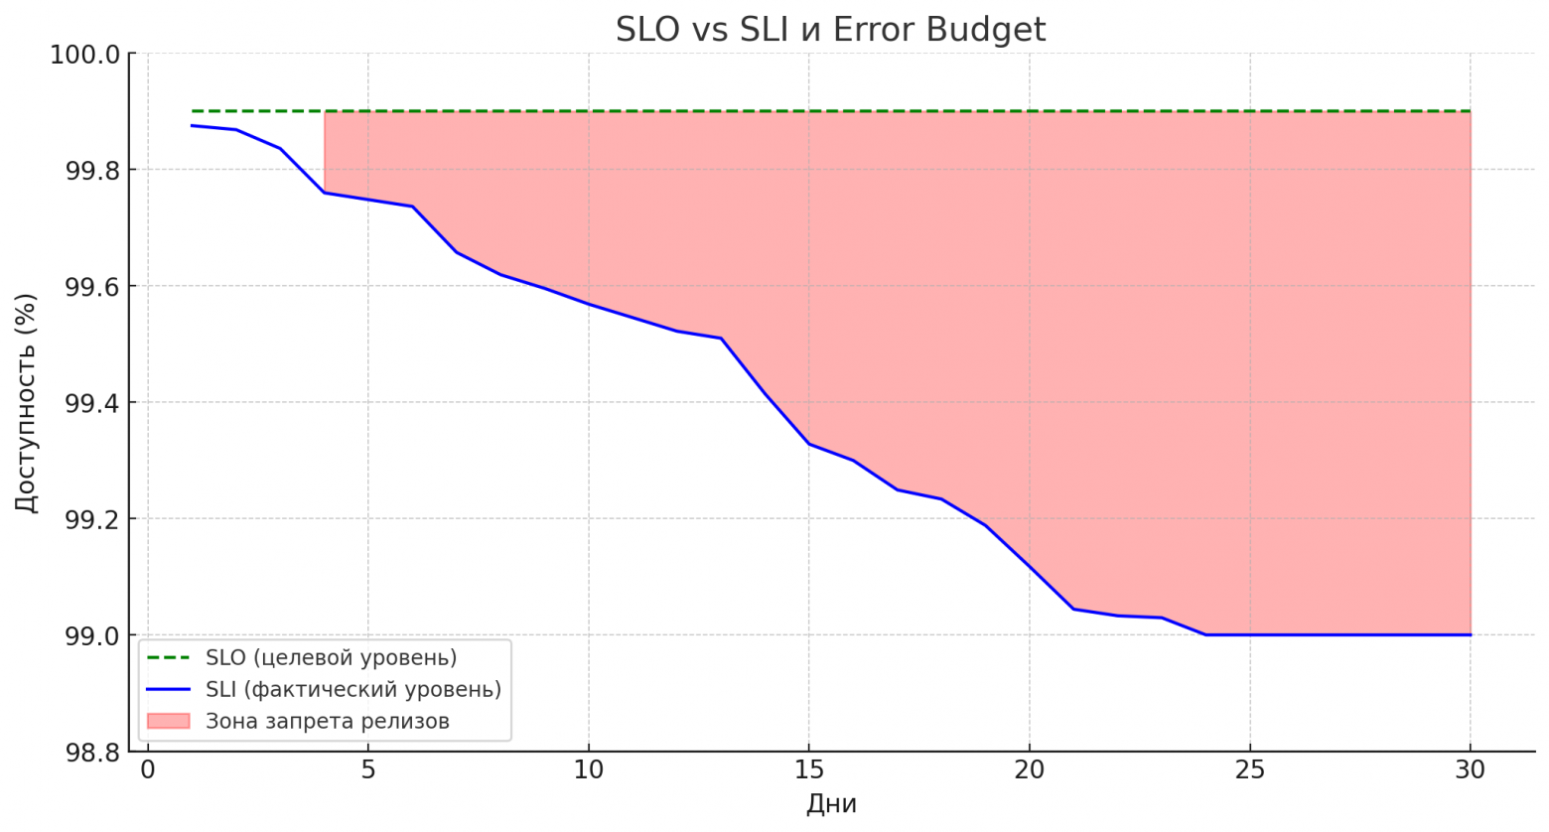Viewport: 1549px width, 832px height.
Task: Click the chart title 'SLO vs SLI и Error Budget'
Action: [x=830, y=29]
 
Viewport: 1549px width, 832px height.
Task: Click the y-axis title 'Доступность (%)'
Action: [x=26, y=402]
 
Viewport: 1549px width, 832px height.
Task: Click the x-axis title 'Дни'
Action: [x=830, y=804]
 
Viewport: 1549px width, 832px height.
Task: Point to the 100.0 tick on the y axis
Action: [x=84, y=54]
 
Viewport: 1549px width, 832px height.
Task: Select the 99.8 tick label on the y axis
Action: [x=84, y=170]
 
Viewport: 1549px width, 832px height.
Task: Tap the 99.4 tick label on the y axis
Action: [x=84, y=403]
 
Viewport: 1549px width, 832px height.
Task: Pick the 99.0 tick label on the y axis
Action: [x=84, y=635]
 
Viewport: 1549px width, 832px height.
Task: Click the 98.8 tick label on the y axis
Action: [x=84, y=752]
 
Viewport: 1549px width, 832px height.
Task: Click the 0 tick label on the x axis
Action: [x=148, y=769]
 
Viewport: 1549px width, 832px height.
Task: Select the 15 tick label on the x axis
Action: [x=808, y=769]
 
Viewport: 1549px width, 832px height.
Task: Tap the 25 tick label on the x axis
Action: [x=1249, y=769]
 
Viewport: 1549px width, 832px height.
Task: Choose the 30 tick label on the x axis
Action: [x=1470, y=769]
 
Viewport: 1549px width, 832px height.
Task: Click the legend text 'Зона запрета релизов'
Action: [x=327, y=721]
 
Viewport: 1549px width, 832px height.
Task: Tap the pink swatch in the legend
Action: [x=168, y=721]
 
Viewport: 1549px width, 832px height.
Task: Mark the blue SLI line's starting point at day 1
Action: [x=192, y=125]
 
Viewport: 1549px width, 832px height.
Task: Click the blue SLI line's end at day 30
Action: [x=1470, y=634]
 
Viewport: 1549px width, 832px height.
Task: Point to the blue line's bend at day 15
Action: [x=808, y=443]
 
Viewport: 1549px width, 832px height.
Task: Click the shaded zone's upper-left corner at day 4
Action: [x=326, y=112]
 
